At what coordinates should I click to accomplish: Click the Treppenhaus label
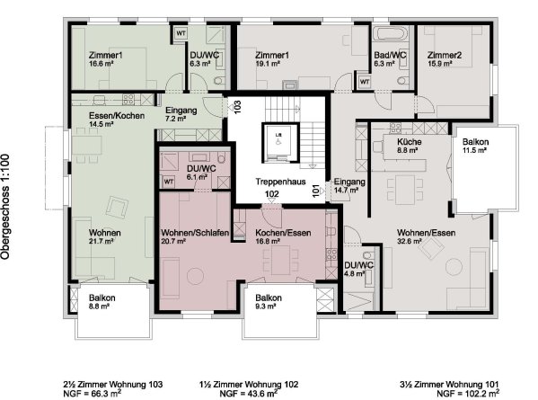coord(280,182)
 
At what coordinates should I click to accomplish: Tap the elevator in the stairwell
coord(279,142)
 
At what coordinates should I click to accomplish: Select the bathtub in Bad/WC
coord(391,33)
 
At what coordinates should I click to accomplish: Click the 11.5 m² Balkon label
coord(475,146)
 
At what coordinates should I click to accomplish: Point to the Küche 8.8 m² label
coord(409,146)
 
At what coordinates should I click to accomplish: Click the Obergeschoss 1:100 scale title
coord(5,207)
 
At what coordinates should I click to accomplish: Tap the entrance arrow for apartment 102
coord(272,200)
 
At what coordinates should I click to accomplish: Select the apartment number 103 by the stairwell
coord(237,106)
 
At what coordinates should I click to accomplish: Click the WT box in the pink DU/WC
coord(168,182)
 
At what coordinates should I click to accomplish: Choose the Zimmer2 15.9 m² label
coord(445,59)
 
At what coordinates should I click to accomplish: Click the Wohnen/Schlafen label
coord(195,233)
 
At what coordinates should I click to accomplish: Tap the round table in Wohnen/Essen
coord(454,267)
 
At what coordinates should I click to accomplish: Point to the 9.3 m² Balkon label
coord(269,301)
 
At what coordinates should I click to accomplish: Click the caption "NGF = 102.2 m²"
coord(468,393)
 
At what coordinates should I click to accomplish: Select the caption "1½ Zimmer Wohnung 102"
coord(249,384)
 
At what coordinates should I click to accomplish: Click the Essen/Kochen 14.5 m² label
coord(117,120)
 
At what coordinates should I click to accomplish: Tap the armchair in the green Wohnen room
coord(117,207)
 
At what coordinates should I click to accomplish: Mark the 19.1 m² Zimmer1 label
coord(272,59)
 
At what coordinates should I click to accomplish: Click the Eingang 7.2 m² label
coord(181,114)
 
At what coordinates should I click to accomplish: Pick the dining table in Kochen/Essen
coord(280,260)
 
